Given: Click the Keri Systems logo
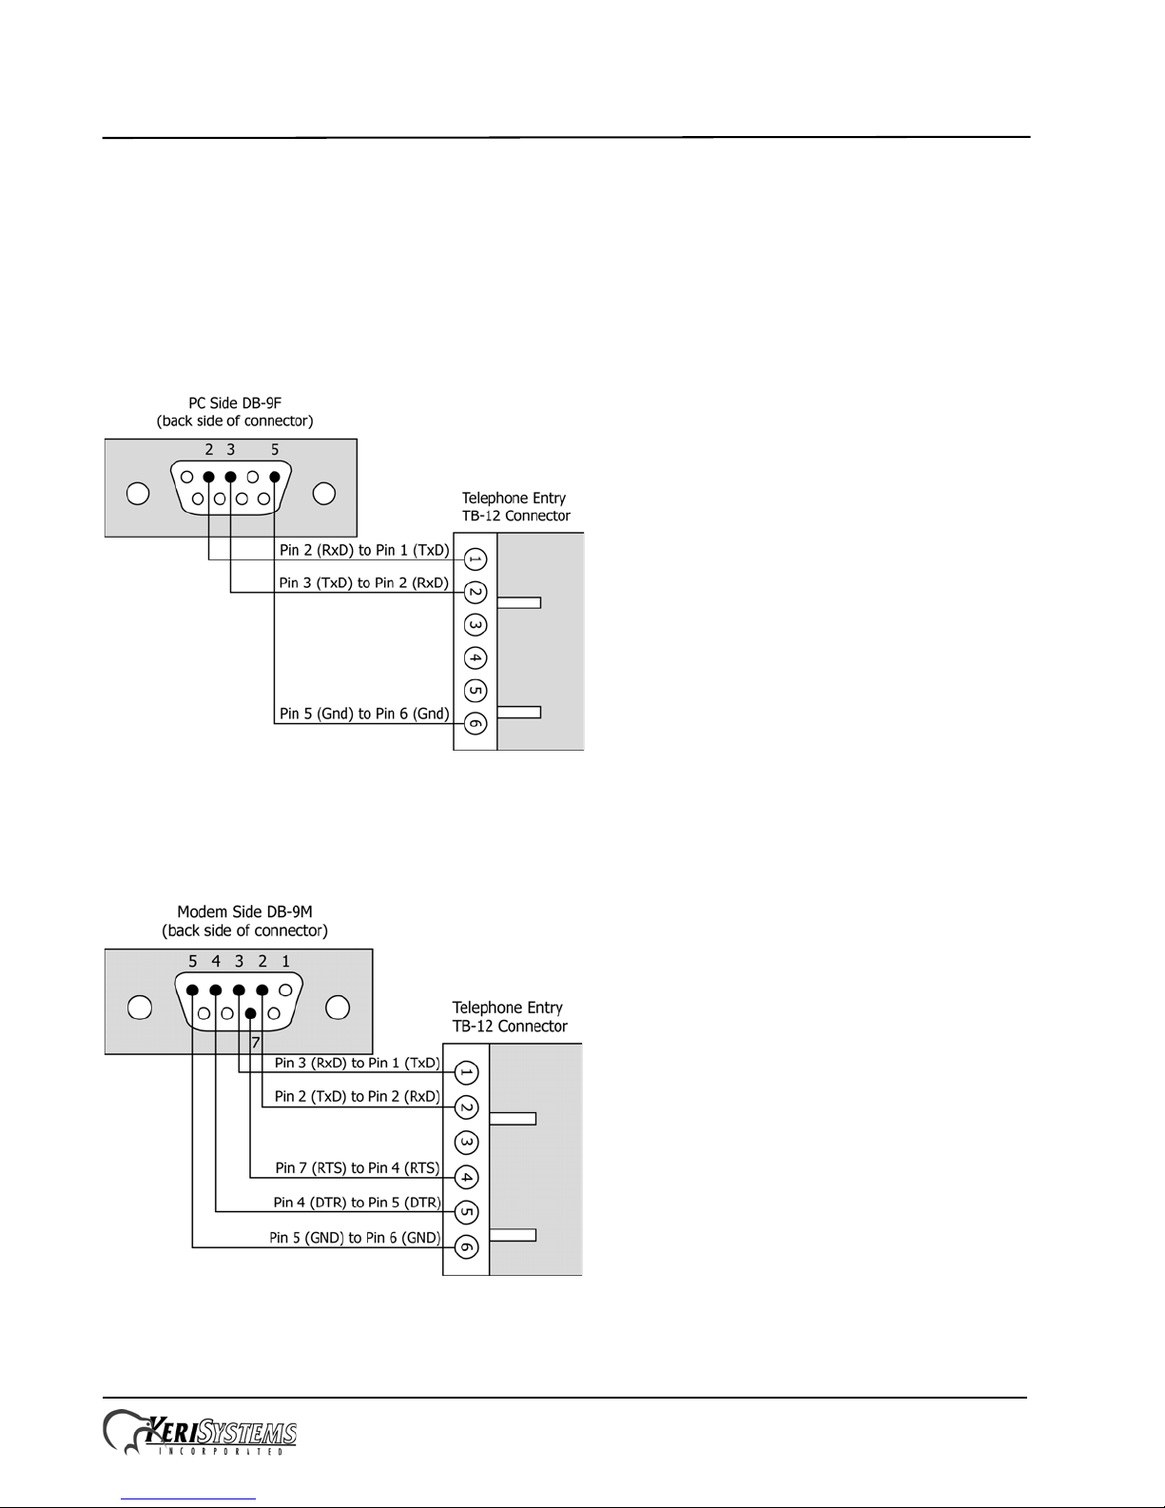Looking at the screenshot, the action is (x=200, y=1433).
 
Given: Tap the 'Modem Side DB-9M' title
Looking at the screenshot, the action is (x=244, y=911).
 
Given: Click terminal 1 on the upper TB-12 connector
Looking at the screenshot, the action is (x=476, y=559).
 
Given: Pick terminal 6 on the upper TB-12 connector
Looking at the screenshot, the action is (x=476, y=723).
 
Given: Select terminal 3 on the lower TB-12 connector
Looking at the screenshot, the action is (x=466, y=1142).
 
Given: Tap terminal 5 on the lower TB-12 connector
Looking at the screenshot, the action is (x=466, y=1212).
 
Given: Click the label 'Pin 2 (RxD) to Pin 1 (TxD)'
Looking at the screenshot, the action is (x=364, y=551).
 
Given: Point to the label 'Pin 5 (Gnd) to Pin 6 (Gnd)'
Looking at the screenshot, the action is (x=364, y=714).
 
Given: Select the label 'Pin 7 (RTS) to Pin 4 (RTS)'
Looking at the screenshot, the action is (x=358, y=1167).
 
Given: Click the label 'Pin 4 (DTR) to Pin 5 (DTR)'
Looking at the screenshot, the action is (x=358, y=1203).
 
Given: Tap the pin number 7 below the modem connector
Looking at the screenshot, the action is (x=255, y=1044).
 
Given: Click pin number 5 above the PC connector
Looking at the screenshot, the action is (x=275, y=450).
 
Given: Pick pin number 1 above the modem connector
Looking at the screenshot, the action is (x=285, y=962).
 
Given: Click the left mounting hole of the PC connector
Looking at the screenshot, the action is (x=138, y=494).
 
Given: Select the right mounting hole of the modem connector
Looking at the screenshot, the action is (x=338, y=1007).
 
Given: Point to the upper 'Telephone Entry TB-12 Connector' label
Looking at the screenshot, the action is (x=515, y=507).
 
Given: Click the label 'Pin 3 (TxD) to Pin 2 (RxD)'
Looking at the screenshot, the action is (x=363, y=583).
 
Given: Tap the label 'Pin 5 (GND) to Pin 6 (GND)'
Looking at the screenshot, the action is (x=355, y=1238).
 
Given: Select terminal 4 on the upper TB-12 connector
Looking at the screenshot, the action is (x=476, y=658).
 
